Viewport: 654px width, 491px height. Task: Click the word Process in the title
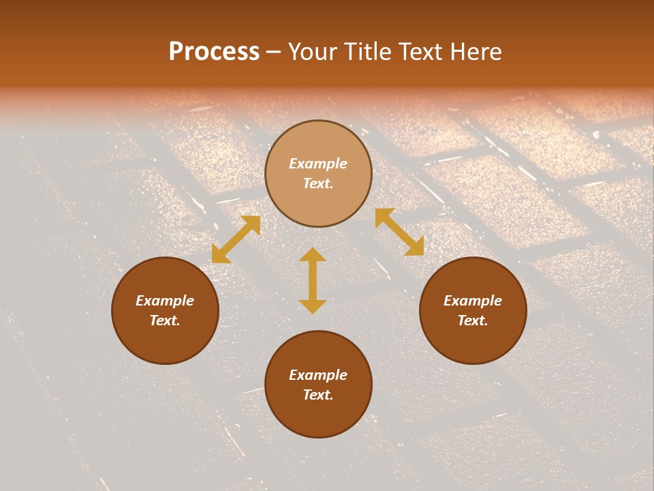coord(214,52)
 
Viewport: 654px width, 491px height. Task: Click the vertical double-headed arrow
coord(313,280)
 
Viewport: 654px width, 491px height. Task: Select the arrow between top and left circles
coord(236,239)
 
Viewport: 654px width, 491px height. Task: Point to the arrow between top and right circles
coord(399,232)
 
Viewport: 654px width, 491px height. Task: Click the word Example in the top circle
coord(318,164)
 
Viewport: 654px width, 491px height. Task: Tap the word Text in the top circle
coord(318,183)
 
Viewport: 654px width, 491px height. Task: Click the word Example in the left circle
coord(165,301)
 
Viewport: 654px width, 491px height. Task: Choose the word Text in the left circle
coord(165,321)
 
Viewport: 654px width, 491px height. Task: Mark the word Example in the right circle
coord(473,301)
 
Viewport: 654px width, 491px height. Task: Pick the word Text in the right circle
coord(473,321)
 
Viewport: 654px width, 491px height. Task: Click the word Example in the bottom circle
coord(318,375)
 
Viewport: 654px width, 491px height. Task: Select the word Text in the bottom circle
coord(318,395)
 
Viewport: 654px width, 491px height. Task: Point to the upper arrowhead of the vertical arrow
coord(313,255)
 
